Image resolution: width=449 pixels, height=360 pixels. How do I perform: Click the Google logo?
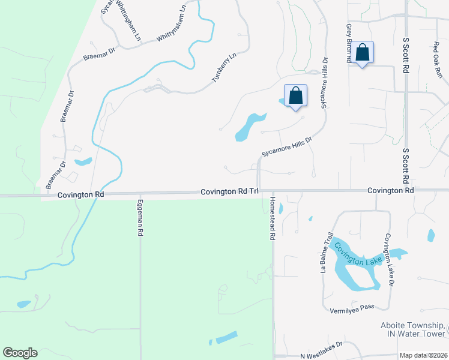(20, 353)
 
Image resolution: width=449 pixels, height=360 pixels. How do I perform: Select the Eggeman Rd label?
(140, 217)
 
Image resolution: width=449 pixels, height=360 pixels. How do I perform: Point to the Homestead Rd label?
(272, 219)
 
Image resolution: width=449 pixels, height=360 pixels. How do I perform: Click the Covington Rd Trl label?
(229, 191)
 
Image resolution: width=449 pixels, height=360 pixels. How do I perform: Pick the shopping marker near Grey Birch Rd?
(363, 53)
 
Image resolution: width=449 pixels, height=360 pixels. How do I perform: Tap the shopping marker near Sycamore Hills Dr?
(295, 96)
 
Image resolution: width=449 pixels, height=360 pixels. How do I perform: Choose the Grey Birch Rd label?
(348, 43)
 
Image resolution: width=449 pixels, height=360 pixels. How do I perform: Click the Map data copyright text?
(424, 355)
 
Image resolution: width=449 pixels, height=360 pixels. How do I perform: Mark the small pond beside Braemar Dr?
(83, 162)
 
